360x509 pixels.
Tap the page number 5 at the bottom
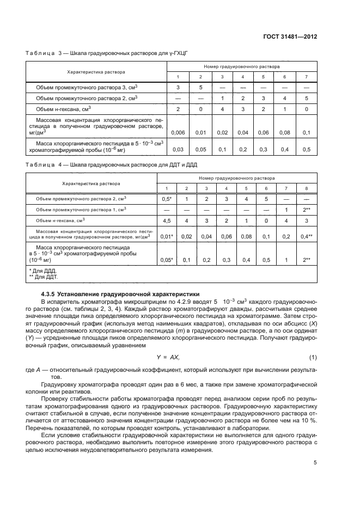[315, 463]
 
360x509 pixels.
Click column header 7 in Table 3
[306, 77]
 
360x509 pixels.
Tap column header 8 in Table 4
[307, 188]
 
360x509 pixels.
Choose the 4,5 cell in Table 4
[168, 220]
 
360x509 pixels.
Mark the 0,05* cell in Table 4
[168, 260]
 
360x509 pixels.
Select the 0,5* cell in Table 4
[168, 199]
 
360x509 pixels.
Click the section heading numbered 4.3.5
[120, 293]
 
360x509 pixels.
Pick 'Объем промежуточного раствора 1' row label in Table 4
[81, 209]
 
